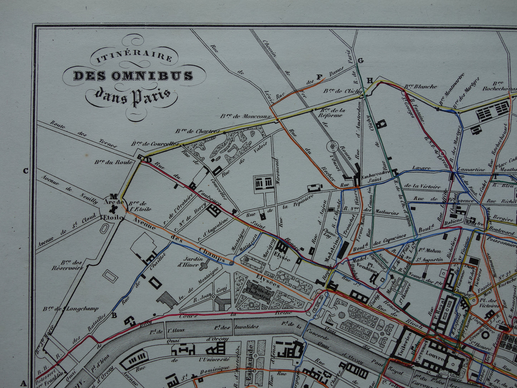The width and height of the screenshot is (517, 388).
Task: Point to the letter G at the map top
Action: pos(360,60)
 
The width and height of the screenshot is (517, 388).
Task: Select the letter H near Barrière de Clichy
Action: pos(370,80)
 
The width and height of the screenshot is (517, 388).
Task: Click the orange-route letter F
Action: pos(320,77)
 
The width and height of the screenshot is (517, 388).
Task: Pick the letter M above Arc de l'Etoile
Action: pos(114,196)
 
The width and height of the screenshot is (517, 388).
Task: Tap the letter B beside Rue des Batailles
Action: pos(114,315)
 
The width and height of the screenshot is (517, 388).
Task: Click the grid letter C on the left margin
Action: pos(25,171)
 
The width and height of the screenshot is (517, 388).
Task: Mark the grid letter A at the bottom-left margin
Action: pos(24,383)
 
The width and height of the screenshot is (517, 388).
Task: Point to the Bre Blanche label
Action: pos(420,86)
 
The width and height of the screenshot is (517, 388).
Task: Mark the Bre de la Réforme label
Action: pos(331,112)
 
